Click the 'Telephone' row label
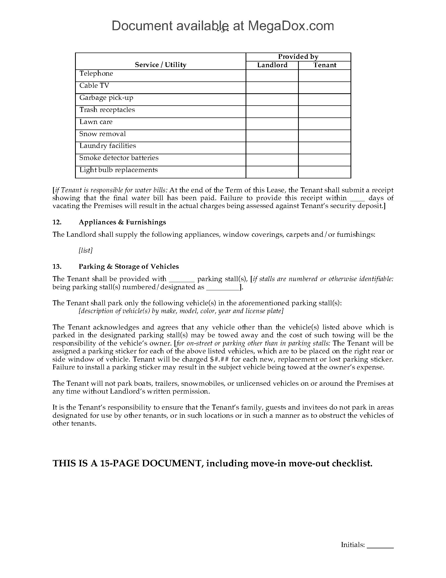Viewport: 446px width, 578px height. coord(96,74)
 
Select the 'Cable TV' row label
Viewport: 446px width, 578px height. coord(94,85)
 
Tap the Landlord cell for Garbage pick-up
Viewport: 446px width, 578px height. coord(272,100)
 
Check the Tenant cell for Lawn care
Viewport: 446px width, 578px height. coord(325,123)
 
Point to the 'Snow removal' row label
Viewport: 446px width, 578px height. coord(103,134)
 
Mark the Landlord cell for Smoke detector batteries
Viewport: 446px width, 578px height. coord(272,160)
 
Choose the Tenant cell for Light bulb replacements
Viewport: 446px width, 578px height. coord(325,172)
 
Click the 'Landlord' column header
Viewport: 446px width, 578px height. coord(272,65)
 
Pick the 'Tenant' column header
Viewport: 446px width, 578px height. coord(325,65)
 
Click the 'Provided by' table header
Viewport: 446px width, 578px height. coord(298,57)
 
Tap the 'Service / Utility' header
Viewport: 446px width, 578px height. coord(161,65)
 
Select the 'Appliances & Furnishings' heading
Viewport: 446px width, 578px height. coord(122,222)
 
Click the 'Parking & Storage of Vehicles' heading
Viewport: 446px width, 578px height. coord(129,266)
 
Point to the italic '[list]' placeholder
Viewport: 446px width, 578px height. coord(86,250)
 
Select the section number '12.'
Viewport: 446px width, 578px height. coord(57,222)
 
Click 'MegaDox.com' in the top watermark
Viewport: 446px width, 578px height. coord(291,26)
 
